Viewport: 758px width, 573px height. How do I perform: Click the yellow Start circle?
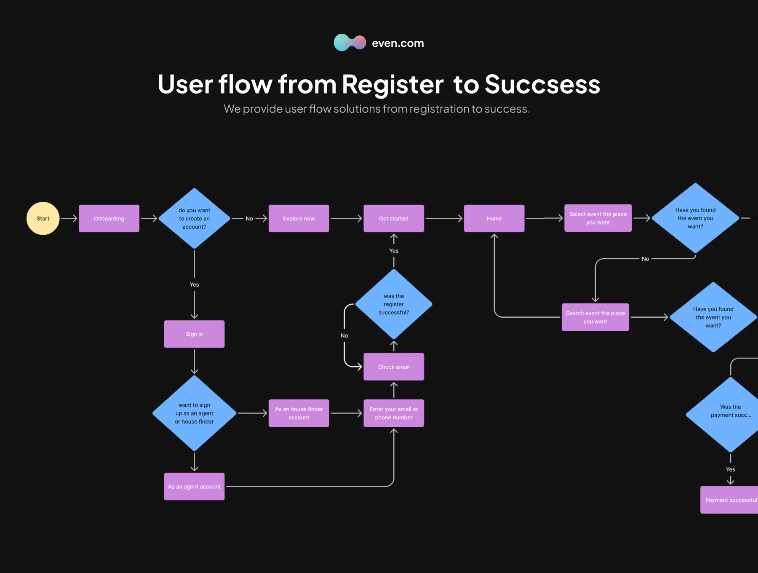tap(43, 218)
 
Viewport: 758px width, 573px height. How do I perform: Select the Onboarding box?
tap(109, 218)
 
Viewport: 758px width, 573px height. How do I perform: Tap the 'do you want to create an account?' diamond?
tap(194, 218)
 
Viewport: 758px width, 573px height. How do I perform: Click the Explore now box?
tap(299, 218)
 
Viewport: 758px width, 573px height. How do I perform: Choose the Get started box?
tap(394, 218)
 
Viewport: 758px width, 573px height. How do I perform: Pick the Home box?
tap(494, 218)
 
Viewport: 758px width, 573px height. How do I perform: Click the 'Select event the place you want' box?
tap(598, 218)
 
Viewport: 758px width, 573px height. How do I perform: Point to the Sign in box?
tap(194, 334)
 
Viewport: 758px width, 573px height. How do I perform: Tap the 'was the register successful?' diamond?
tap(394, 304)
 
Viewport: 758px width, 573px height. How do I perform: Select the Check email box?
tap(394, 367)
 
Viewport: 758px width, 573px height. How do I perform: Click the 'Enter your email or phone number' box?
tap(394, 413)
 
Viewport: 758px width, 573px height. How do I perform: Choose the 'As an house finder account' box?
tap(299, 413)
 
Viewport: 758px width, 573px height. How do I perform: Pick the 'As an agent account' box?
tap(194, 487)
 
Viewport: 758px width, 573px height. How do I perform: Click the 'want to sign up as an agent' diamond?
tap(194, 413)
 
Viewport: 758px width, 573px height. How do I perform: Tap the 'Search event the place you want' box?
tap(595, 317)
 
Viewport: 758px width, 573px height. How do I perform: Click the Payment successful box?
tap(729, 500)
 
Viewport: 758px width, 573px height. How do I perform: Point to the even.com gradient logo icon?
tap(350, 43)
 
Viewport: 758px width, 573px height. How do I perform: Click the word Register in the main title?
tap(392, 84)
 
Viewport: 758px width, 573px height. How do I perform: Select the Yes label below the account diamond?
tap(194, 284)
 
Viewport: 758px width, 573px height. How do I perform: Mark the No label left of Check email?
tap(344, 335)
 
